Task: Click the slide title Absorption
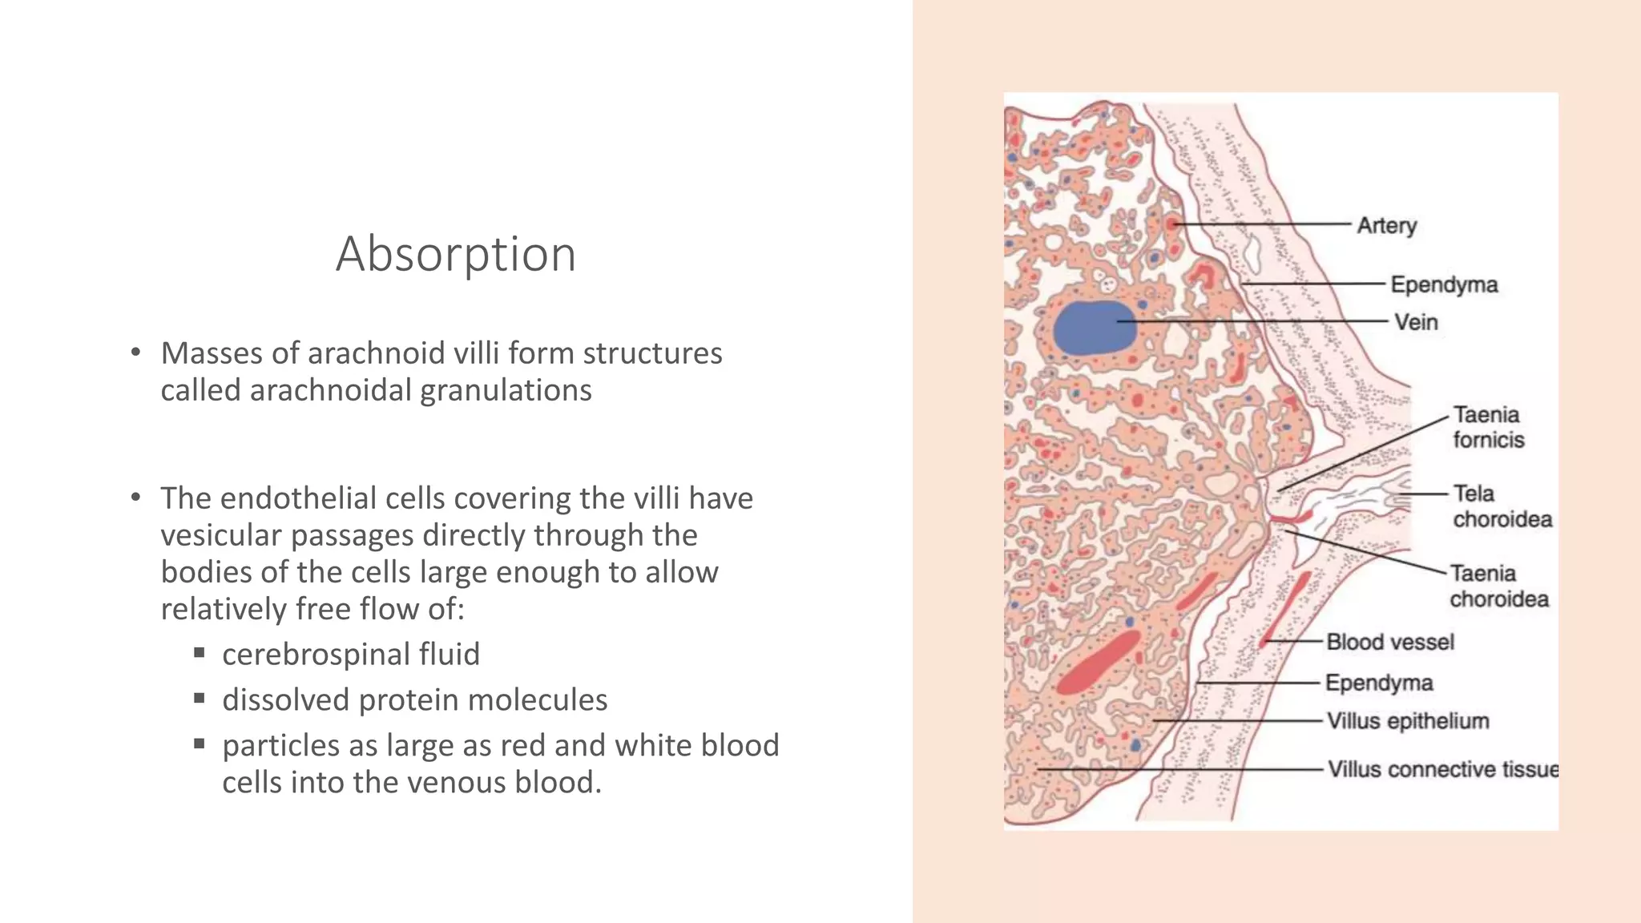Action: [456, 254]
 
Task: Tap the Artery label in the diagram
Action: [1386, 226]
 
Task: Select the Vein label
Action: [1416, 322]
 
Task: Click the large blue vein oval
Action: [1094, 328]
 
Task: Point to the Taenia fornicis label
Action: [1488, 427]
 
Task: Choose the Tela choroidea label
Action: [1502, 506]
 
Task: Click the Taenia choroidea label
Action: [1498, 586]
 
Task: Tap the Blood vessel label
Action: [1389, 642]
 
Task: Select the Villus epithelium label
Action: [1407, 721]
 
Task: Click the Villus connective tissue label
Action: [1442, 769]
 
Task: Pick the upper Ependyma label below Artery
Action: [1444, 284]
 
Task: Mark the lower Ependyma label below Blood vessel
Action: [1378, 683]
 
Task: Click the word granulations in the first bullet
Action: [506, 390]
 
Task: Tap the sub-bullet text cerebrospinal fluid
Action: [351, 654]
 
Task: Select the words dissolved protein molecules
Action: [414, 699]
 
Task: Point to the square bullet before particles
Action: [200, 744]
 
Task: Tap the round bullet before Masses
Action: [136, 353]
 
